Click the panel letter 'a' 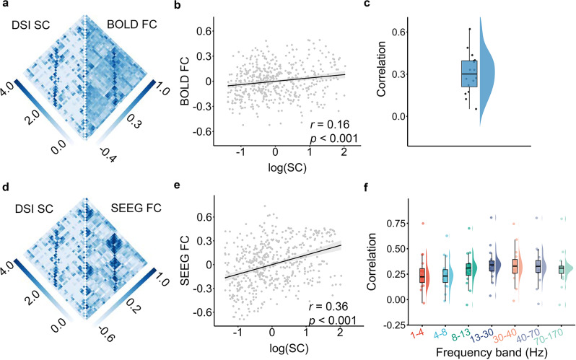click(x=6, y=6)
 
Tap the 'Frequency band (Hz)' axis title click(x=476, y=351)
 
